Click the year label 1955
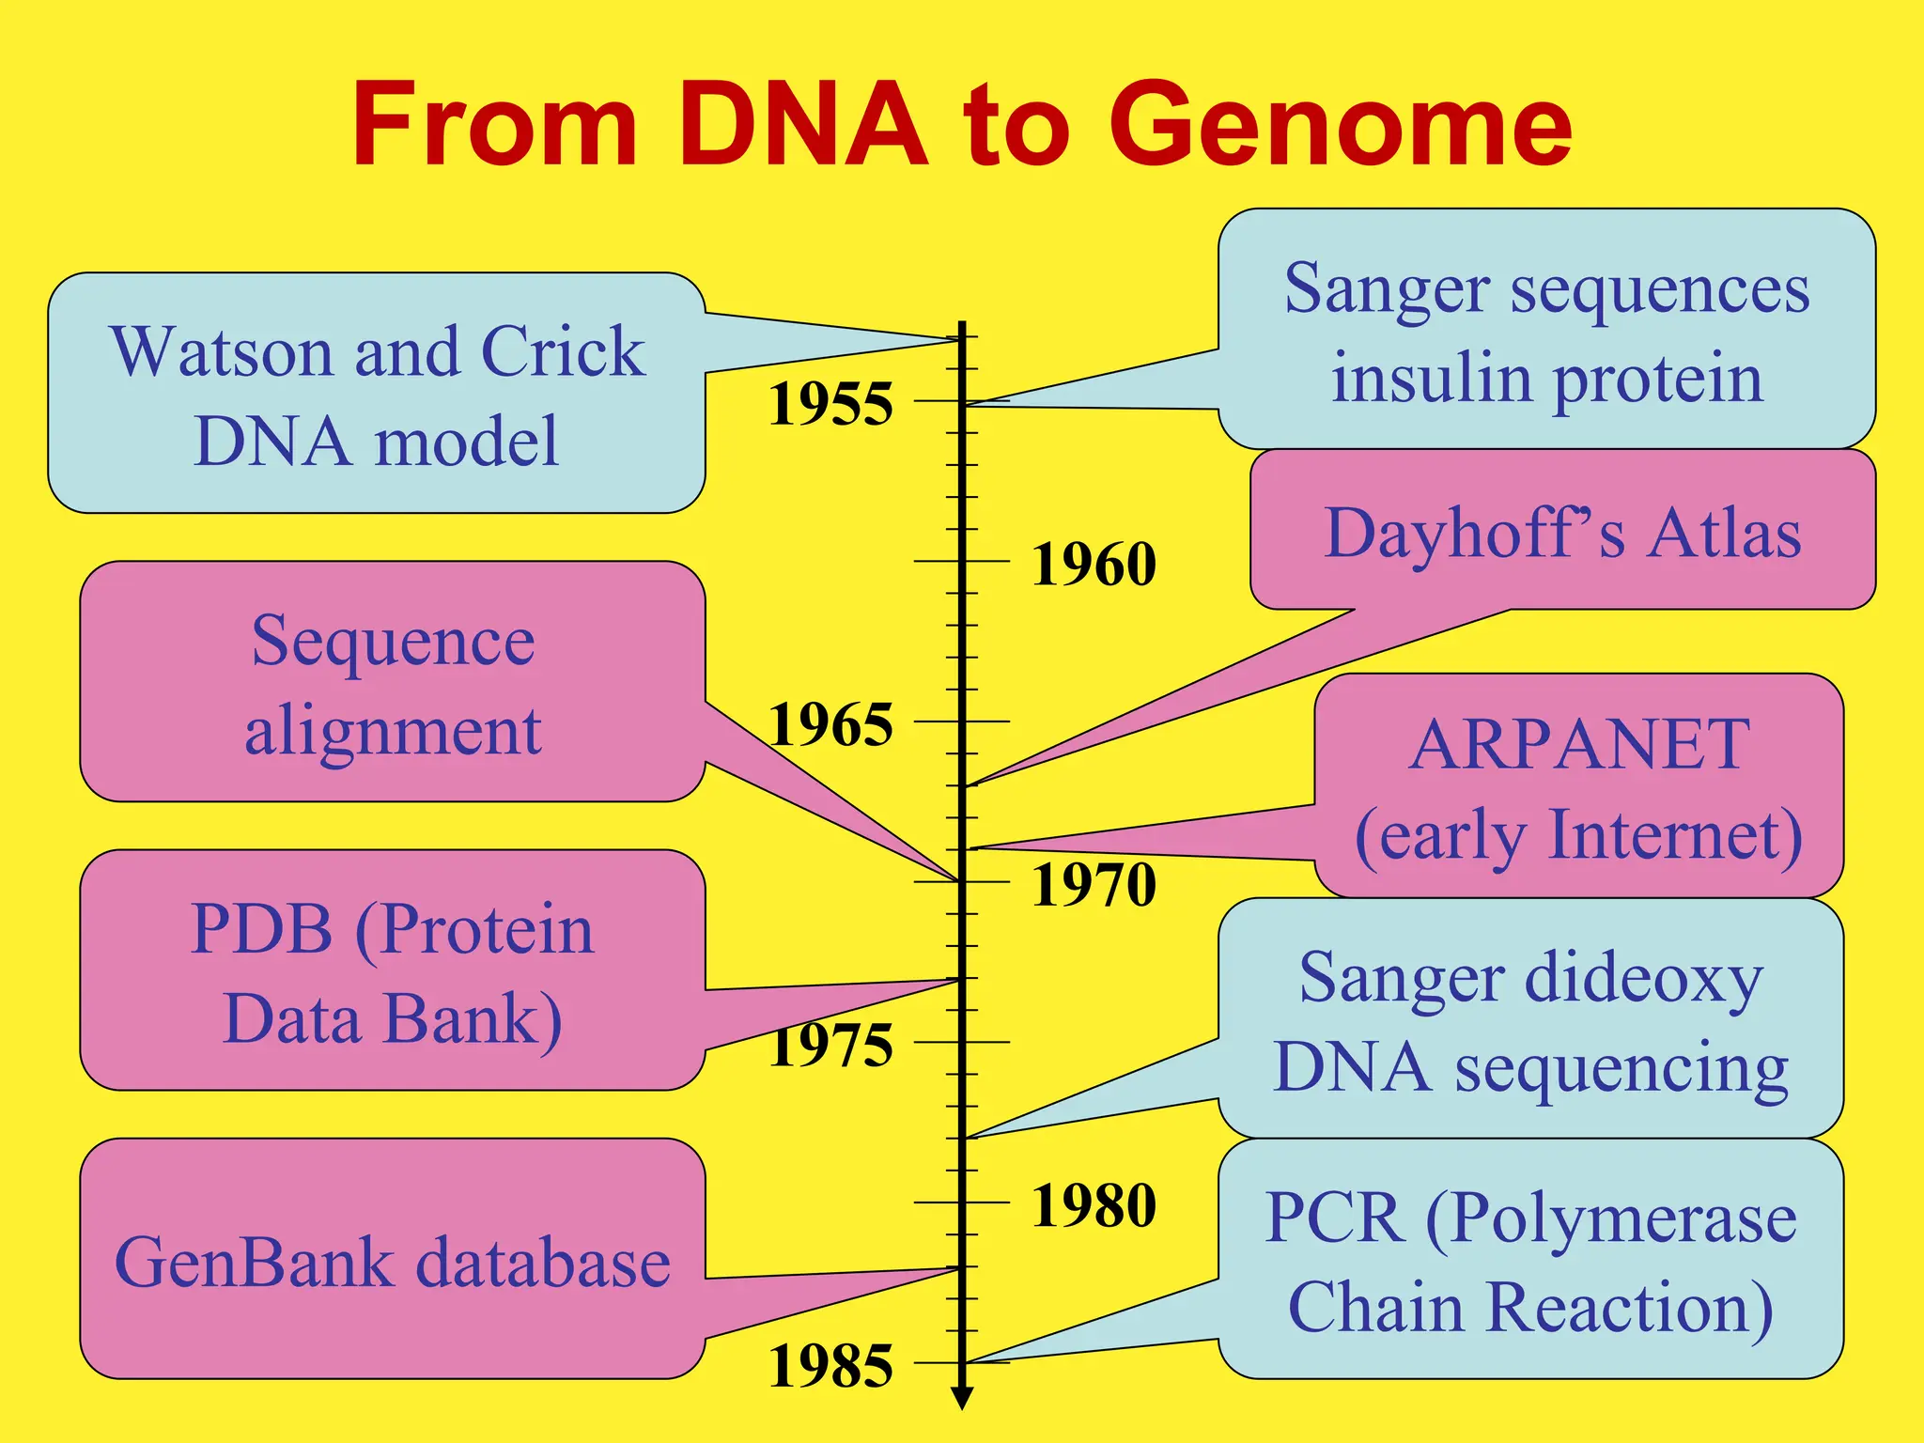(x=830, y=404)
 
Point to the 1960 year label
(x=1094, y=564)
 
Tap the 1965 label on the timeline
(x=830, y=724)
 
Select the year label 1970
(x=1094, y=885)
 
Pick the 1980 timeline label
(x=1094, y=1205)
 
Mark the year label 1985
(x=830, y=1366)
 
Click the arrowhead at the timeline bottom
(x=962, y=1398)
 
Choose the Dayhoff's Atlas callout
(x=1561, y=532)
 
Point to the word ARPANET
(x=1579, y=744)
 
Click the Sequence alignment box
(x=393, y=683)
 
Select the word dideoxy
(x=1643, y=978)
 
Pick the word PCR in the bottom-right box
(x=1333, y=1218)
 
